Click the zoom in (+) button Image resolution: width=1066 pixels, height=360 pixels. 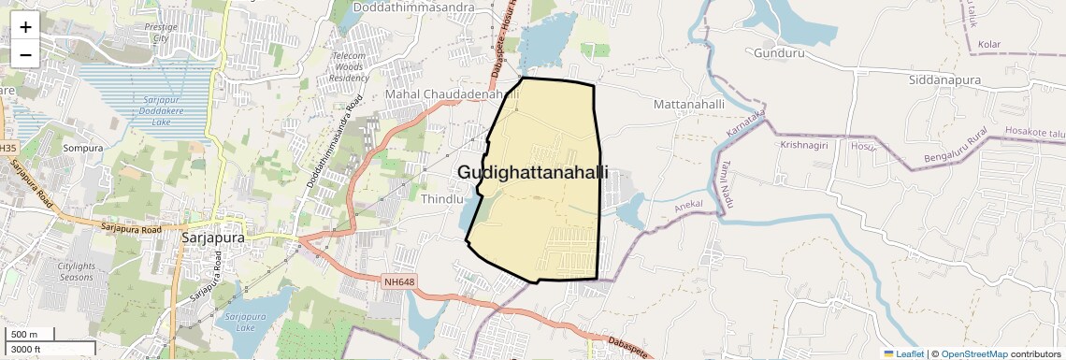click(25, 27)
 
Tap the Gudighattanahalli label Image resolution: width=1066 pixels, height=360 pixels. click(533, 173)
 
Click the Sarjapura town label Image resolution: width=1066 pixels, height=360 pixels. click(212, 238)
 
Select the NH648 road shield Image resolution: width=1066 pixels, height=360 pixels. click(398, 281)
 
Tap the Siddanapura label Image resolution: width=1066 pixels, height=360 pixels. click(944, 80)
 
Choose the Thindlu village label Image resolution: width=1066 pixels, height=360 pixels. click(442, 199)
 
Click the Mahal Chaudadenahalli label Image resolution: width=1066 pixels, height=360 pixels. click(452, 95)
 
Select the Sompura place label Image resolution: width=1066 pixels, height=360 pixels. click(81, 148)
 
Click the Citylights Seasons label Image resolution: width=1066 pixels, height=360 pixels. click(77, 272)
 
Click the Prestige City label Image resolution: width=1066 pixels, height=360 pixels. click(161, 33)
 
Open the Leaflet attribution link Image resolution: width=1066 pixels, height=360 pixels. click(903, 353)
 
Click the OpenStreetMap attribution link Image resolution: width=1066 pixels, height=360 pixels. click(973, 353)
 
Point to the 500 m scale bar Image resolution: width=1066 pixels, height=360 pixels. click(26, 335)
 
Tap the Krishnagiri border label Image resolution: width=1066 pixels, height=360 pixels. click(803, 146)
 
